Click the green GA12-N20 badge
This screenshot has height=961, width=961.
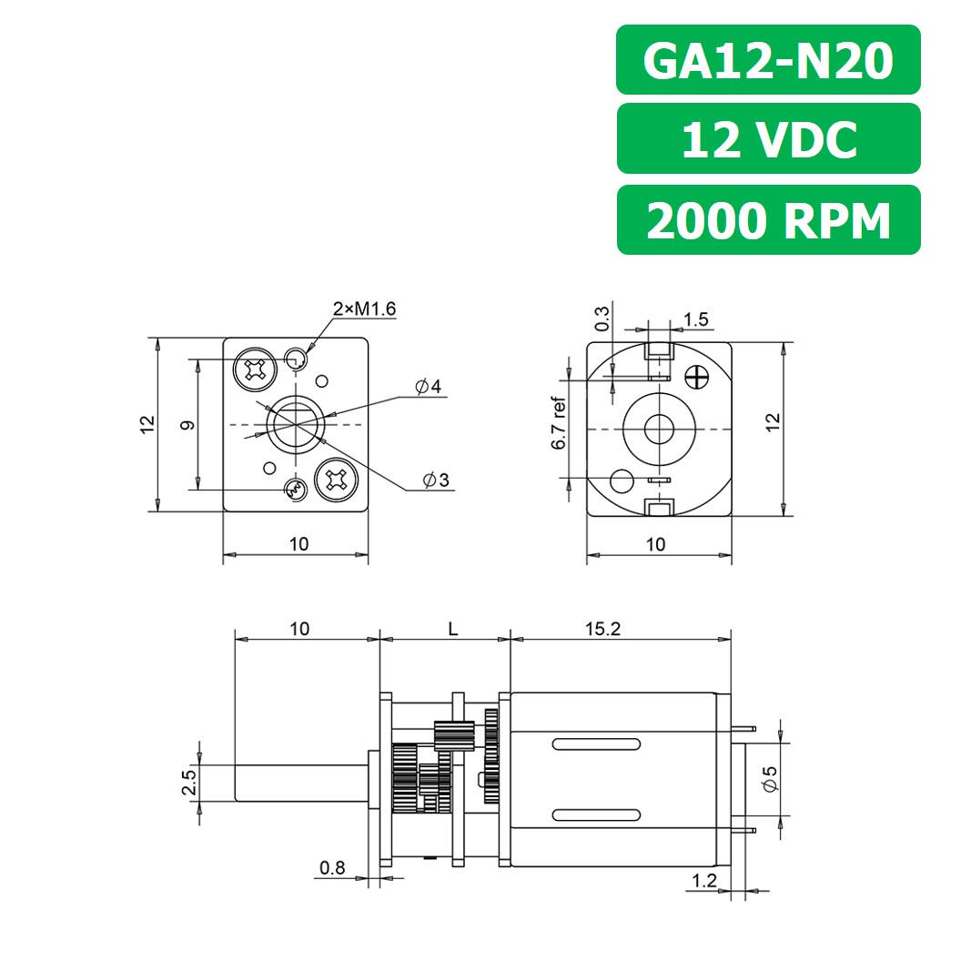(768, 60)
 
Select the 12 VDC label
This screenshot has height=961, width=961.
(768, 139)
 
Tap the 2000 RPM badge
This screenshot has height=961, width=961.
(768, 220)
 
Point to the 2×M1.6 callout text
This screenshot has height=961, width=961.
(364, 309)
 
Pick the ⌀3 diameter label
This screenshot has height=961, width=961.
(435, 480)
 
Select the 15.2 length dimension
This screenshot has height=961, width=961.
(602, 629)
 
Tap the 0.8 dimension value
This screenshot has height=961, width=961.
(332, 868)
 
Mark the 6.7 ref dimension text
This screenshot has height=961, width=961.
(559, 424)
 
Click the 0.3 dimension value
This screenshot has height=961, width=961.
(602, 318)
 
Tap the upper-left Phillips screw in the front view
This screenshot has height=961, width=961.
(254, 369)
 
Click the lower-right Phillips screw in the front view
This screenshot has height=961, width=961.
(336, 480)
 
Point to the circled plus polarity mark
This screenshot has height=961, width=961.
(698, 376)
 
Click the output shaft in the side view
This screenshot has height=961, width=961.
(300, 782)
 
